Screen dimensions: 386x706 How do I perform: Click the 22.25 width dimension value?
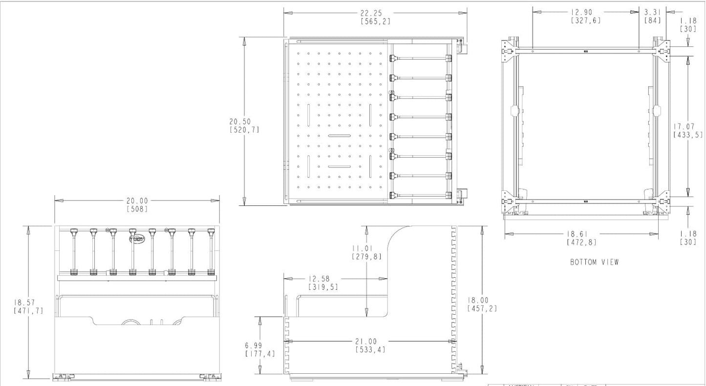click(x=375, y=13)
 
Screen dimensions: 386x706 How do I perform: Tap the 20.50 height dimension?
click(x=244, y=122)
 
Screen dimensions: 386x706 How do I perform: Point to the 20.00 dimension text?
click(x=137, y=201)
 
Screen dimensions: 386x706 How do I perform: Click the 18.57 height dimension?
click(x=28, y=303)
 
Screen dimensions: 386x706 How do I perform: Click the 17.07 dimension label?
click(x=687, y=126)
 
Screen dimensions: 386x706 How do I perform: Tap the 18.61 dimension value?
click(x=581, y=234)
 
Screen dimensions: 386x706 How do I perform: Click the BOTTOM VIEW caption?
click(x=594, y=262)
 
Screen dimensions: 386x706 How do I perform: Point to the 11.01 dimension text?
click(x=366, y=248)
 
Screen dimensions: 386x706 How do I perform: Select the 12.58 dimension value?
click(x=322, y=279)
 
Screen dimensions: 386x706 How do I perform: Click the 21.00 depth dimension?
click(x=370, y=342)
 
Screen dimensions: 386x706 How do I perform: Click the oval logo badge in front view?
click(x=137, y=239)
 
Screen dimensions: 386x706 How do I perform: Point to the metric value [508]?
click(x=137, y=209)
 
